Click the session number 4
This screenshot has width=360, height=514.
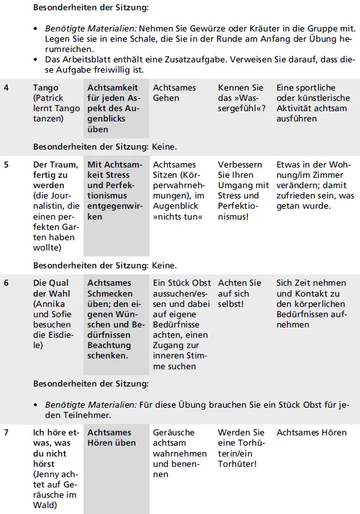[6, 88]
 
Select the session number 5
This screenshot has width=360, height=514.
[6, 165]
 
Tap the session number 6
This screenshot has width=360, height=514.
[6, 283]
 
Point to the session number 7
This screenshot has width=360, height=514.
[6, 433]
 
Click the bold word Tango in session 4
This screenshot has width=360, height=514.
[46, 88]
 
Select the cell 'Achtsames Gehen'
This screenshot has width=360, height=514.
[175, 93]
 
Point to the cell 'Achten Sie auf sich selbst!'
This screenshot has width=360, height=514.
[240, 293]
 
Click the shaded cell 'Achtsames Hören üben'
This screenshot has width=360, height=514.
[112, 438]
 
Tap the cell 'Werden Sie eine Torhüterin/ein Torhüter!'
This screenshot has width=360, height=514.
[241, 448]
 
